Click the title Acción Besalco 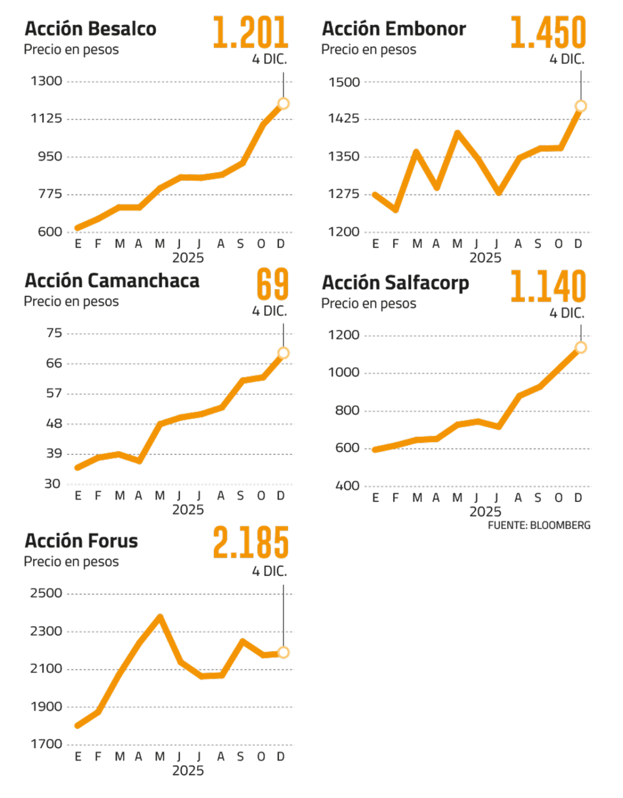[x=90, y=29]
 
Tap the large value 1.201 [x=251, y=33]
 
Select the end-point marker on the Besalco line [x=283, y=104]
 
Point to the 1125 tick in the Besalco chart [x=47, y=119]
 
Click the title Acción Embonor [x=394, y=29]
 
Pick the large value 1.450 [x=548, y=33]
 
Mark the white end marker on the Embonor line [x=580, y=106]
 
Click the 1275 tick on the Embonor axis [x=344, y=195]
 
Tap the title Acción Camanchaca [x=111, y=281]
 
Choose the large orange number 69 [x=272, y=284]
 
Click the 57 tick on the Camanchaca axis [x=54, y=393]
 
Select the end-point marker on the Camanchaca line [x=283, y=353]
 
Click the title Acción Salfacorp [x=395, y=283]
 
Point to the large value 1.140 [x=548, y=287]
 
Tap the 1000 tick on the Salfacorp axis [x=344, y=372]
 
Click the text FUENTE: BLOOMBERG [x=539, y=525]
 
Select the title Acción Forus [x=81, y=541]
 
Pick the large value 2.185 [x=251, y=543]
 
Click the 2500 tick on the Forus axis [x=47, y=594]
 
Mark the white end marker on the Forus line [x=283, y=652]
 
